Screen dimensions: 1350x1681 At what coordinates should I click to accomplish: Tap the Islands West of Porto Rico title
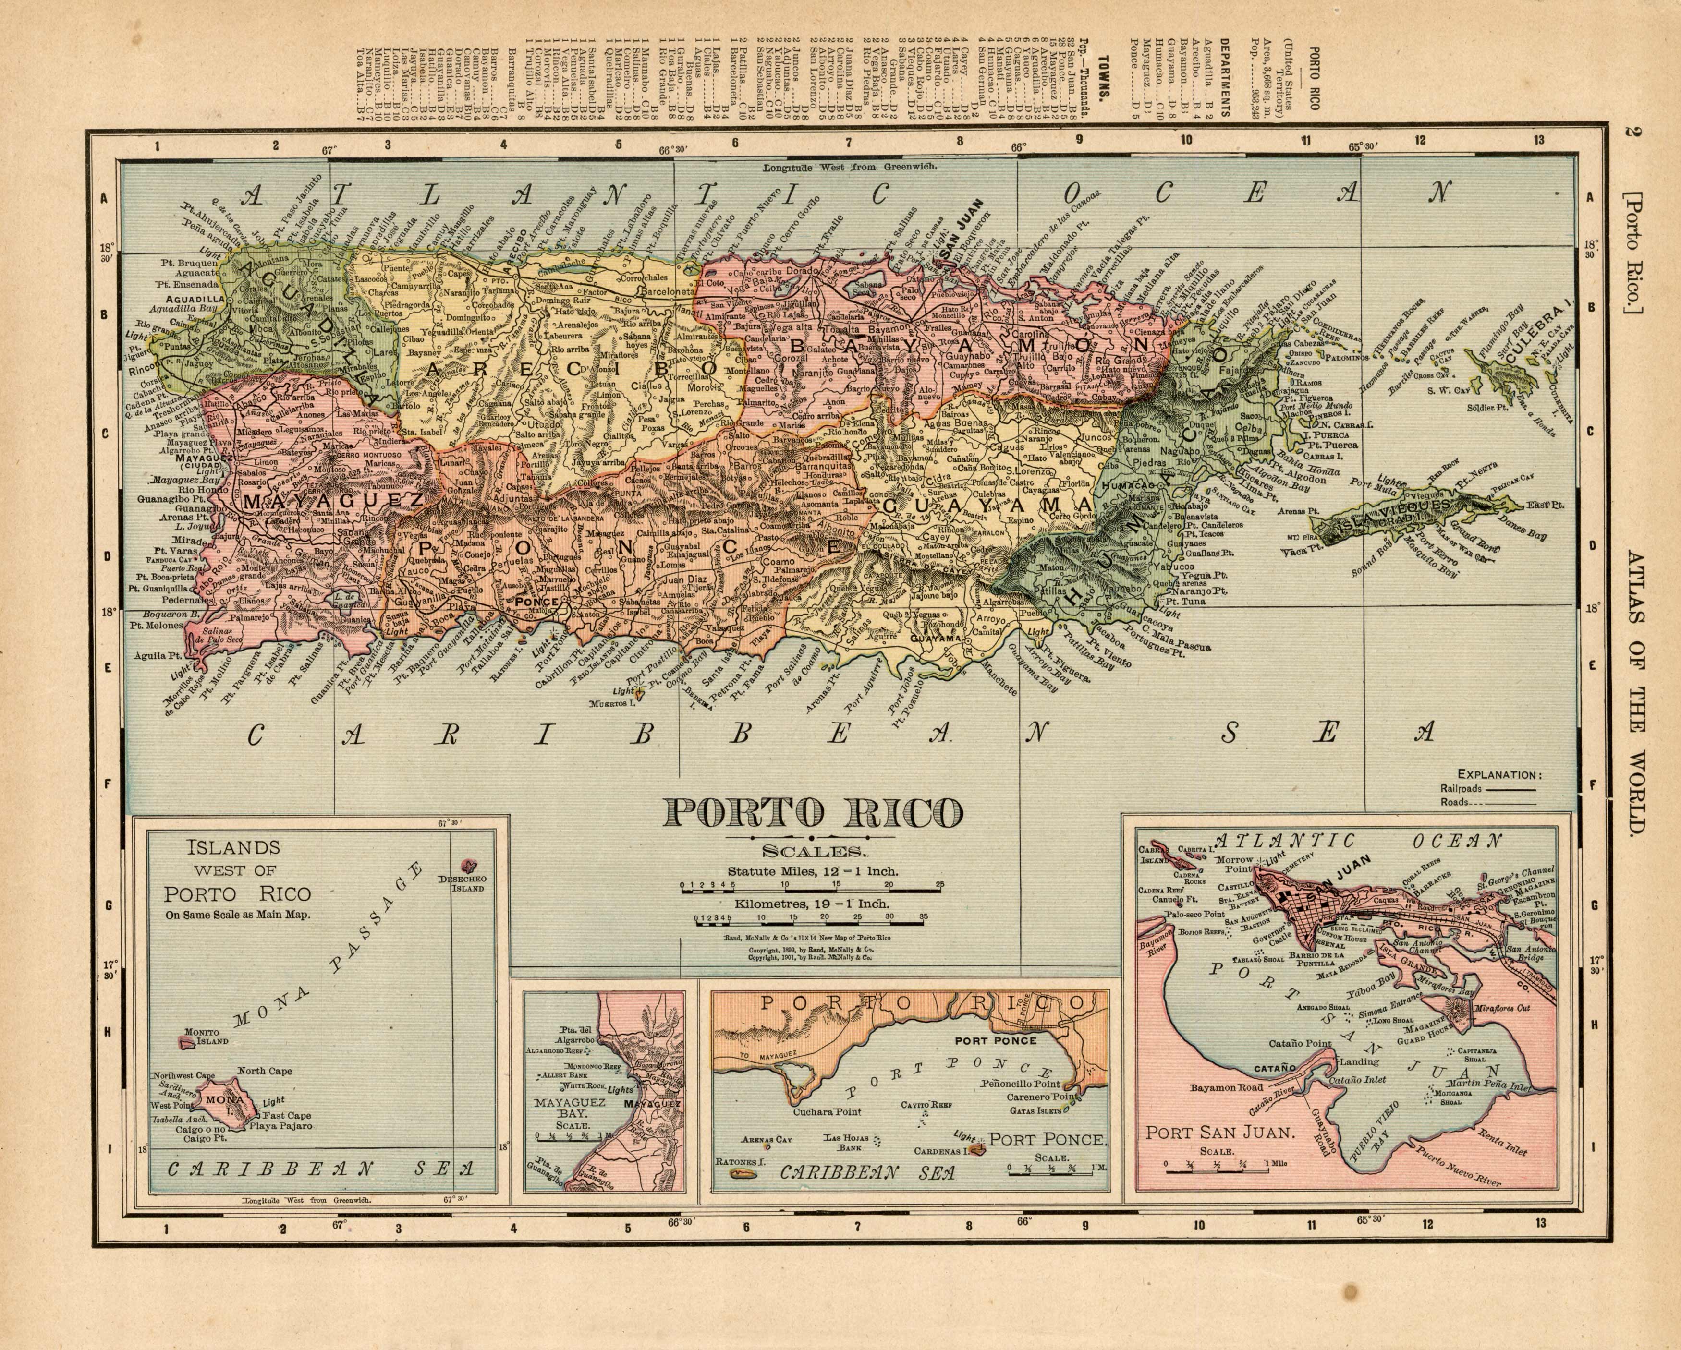point(237,879)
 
